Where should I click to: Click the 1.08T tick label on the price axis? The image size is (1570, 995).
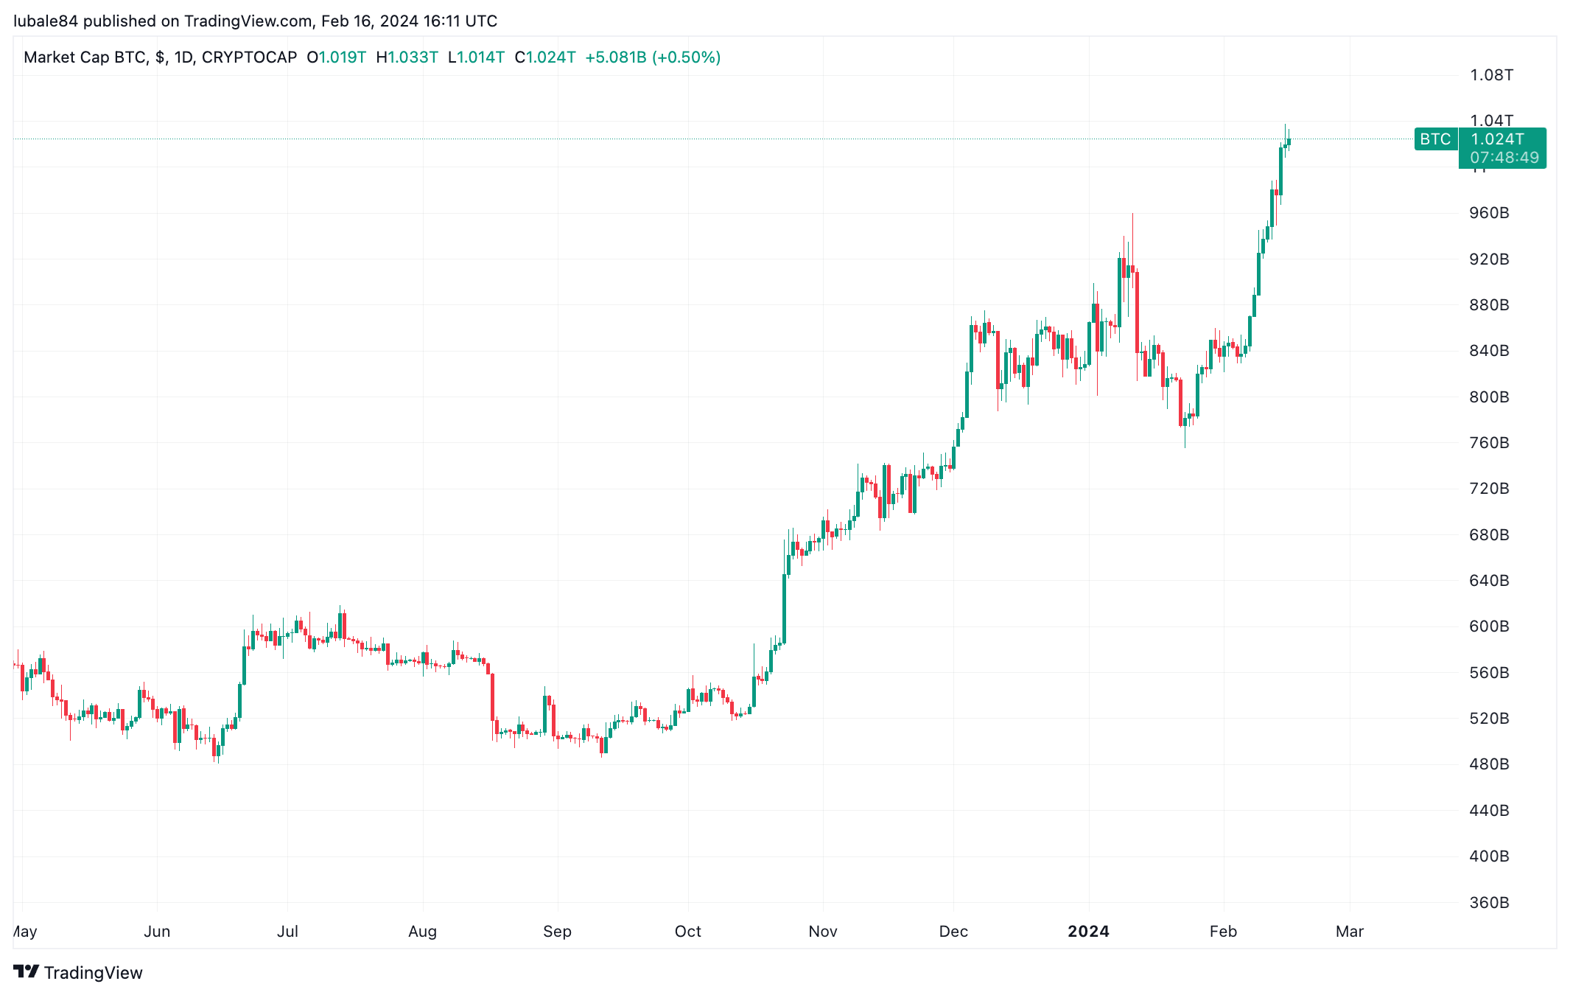point(1491,75)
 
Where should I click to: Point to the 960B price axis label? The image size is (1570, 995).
point(1489,213)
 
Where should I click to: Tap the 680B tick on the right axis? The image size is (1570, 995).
point(1489,535)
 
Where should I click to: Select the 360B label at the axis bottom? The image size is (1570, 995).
point(1489,903)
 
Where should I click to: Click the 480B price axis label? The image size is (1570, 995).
point(1489,764)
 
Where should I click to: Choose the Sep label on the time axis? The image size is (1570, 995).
point(557,932)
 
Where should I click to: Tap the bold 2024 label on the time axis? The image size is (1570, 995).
point(1088,932)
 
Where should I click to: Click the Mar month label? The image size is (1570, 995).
point(1350,932)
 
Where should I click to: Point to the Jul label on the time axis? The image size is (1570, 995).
point(287,932)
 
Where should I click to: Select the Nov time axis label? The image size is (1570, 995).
point(823,932)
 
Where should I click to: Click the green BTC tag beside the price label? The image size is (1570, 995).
point(1435,139)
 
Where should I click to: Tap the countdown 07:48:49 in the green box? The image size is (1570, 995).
point(1504,158)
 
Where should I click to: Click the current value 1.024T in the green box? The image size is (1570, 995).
point(1498,139)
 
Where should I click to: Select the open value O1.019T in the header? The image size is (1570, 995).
point(337,57)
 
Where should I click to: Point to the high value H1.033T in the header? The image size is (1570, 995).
point(407,57)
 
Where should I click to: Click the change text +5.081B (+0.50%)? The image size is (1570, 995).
point(653,57)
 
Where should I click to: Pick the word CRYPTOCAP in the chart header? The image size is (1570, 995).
point(249,57)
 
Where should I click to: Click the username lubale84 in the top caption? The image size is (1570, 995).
point(46,21)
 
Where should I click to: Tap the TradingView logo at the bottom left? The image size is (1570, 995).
point(78,973)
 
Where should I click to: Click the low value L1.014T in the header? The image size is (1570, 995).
point(477,57)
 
